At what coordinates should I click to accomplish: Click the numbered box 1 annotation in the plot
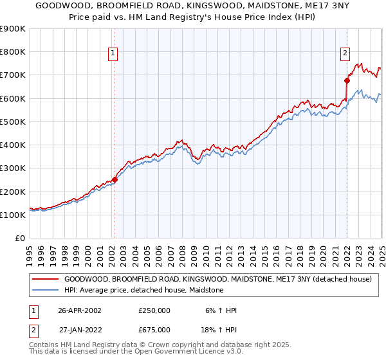coord(113,53)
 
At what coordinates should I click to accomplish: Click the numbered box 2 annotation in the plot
coord(345,53)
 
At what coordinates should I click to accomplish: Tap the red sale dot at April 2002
coord(115,180)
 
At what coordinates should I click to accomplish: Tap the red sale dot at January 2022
coord(347,81)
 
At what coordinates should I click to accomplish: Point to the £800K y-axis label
coord(14,52)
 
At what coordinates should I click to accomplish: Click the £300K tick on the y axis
coord(14,168)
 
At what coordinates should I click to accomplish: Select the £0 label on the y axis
coord(20,239)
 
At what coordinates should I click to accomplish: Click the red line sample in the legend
coord(45,280)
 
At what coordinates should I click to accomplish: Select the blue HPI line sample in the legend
coord(45,291)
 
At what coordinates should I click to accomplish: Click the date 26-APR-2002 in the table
coord(80,310)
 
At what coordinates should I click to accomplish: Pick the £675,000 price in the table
coord(154,330)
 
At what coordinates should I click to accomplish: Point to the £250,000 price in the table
coord(154,310)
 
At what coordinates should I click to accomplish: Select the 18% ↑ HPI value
coord(219,330)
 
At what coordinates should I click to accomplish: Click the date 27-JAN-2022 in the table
coord(80,330)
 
